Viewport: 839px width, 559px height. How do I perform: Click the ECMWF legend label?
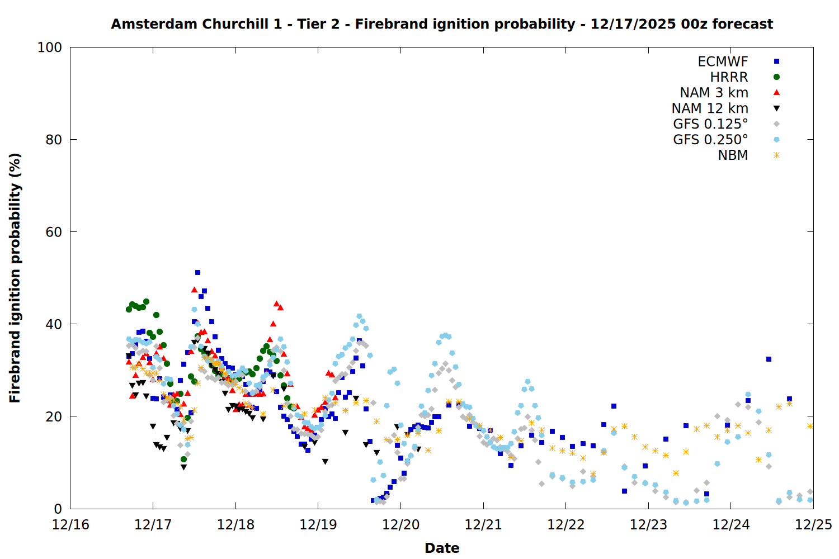(723, 61)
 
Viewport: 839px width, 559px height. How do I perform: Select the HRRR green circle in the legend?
(776, 77)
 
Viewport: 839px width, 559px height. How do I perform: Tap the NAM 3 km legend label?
(714, 93)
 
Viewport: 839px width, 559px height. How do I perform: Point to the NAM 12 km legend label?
(710, 108)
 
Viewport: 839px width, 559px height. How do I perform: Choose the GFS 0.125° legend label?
(710, 124)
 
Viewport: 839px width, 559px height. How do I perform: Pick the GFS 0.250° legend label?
(710, 140)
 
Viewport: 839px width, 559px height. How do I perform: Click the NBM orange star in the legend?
(776, 155)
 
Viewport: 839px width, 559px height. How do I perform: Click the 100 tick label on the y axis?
(50, 48)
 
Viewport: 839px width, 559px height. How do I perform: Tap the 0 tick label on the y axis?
(58, 509)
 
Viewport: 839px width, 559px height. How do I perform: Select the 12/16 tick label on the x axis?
(70, 525)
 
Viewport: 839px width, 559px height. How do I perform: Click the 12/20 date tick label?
(400, 525)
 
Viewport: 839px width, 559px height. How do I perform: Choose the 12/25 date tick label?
(813, 525)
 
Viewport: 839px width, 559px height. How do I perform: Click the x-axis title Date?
(442, 548)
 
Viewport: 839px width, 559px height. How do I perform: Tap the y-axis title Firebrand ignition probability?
(15, 278)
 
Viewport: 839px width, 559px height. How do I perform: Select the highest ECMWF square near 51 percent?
(197, 273)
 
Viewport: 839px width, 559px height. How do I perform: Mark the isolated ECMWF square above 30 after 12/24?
(769, 359)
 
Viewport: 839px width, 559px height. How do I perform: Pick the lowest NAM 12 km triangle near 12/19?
(325, 462)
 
